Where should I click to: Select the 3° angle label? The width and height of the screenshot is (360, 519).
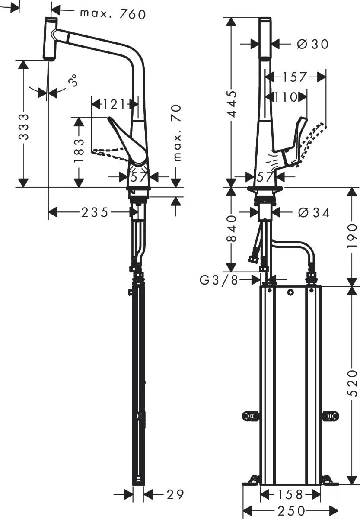[x=73, y=80]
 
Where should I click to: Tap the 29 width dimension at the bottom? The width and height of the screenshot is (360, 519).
[x=175, y=494]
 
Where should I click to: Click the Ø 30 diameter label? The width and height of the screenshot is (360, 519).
[x=313, y=44]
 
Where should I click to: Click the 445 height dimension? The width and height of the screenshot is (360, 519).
[x=232, y=104]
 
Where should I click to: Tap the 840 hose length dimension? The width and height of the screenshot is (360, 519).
[x=232, y=229]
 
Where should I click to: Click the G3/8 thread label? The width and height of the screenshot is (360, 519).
[x=219, y=280]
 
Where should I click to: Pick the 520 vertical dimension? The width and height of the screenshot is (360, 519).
[x=354, y=383]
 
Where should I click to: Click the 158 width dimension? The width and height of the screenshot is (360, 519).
[x=290, y=493]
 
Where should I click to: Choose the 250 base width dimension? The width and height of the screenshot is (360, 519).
[x=290, y=511]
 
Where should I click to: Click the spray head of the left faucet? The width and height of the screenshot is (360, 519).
[x=50, y=39]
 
